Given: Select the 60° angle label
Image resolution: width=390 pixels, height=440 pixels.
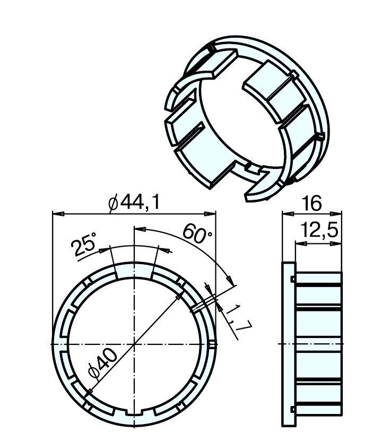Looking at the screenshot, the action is click(197, 233).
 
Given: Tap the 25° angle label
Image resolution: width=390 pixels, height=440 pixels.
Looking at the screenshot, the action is click(83, 244).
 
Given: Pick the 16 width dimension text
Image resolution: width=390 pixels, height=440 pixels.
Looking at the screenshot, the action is click(312, 204).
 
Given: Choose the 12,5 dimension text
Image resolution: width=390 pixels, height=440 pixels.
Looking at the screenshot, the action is click(319, 230).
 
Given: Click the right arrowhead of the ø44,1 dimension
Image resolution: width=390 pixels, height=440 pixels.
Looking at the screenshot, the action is click(210, 214).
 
